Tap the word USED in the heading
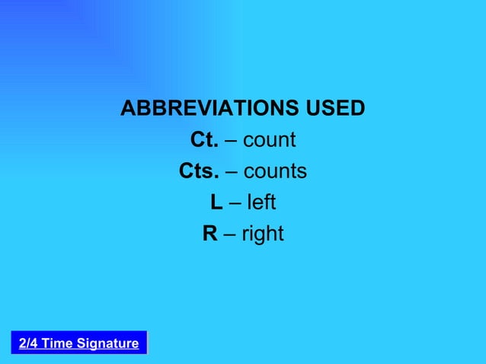(x=335, y=109)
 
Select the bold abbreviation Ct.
(x=203, y=141)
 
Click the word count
(x=269, y=141)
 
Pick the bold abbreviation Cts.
(x=198, y=171)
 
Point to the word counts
(x=275, y=171)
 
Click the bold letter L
(x=216, y=203)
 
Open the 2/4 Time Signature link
(x=78, y=343)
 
